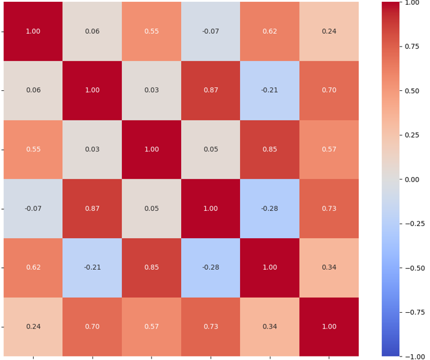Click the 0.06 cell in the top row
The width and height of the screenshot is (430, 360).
coord(92,31)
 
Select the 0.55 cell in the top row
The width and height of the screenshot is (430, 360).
coord(151,31)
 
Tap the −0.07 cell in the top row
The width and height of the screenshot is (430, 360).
coord(210,31)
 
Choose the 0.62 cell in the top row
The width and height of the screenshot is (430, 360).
coord(270,31)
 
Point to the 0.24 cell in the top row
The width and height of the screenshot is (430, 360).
coord(329,31)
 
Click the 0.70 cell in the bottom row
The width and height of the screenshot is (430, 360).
coord(92,327)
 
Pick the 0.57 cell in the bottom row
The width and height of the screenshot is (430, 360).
coord(151,327)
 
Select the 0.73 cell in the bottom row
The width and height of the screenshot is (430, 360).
coord(210,327)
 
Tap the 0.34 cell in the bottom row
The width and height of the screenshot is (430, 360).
coord(270,327)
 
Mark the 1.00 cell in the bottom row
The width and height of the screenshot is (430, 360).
coord(329,327)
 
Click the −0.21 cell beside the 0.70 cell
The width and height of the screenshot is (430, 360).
coord(270,90)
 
